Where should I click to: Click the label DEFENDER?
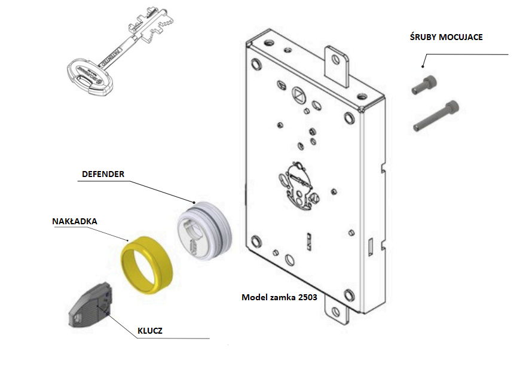coord(103,173)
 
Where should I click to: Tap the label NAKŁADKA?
coord(74,221)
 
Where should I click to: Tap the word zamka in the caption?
coord(279,297)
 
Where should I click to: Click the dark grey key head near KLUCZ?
coord(89,309)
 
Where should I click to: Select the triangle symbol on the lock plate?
coord(298,94)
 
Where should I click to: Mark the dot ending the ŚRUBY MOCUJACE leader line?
coord(423,65)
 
